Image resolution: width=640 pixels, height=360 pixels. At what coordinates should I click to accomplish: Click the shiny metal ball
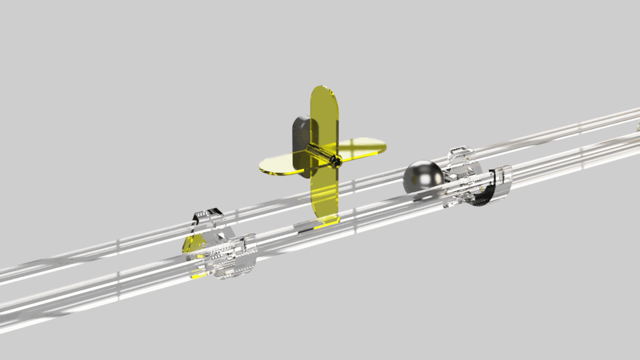[423, 178]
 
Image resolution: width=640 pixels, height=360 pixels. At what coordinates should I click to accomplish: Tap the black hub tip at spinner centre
[337, 161]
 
